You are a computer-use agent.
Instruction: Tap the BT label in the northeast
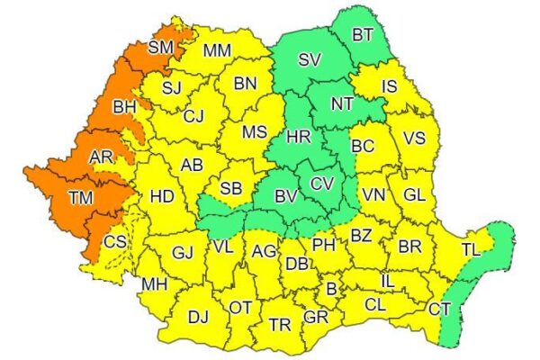(363, 35)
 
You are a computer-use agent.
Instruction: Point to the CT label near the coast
(440, 309)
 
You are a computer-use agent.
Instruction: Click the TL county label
(471, 248)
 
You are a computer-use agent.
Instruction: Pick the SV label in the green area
(310, 61)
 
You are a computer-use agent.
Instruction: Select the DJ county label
(198, 316)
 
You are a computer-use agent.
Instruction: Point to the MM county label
(217, 51)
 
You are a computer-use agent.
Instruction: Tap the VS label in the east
(413, 139)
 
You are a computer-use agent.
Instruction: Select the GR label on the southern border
(316, 319)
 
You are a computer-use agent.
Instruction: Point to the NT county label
(341, 103)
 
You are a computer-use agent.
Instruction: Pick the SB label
(231, 188)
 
